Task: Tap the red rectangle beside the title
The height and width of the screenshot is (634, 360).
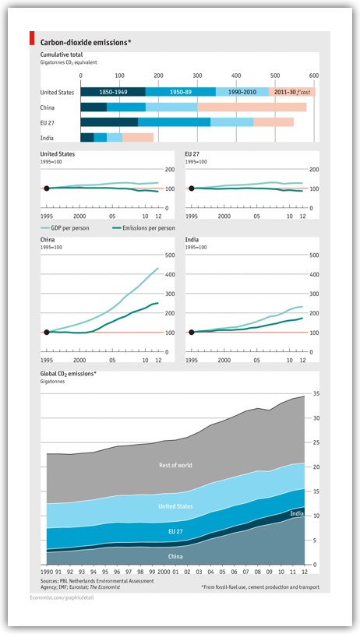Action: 31,37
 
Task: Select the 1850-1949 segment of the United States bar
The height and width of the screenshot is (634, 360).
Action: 113,92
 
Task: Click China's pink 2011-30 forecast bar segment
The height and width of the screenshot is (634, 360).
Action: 252,107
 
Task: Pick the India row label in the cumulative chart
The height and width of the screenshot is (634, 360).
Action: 47,138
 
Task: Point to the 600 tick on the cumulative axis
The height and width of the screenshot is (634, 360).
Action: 313,76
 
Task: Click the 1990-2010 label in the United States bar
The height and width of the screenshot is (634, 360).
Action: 242,92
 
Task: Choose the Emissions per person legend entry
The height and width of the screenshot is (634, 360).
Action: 143,228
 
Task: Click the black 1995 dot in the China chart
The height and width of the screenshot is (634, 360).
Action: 47,333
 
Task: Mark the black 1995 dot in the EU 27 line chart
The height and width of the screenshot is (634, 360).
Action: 192,188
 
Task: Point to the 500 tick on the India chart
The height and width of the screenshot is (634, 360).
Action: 313,255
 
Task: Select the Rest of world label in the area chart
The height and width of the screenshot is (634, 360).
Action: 175,465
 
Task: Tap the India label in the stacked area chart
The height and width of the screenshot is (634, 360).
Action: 296,513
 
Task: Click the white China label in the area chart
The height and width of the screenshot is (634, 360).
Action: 175,556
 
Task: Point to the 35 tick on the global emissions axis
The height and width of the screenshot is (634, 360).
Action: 316,393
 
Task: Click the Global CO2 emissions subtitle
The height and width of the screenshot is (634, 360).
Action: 68,374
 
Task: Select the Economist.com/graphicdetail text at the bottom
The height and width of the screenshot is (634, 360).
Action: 62,597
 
